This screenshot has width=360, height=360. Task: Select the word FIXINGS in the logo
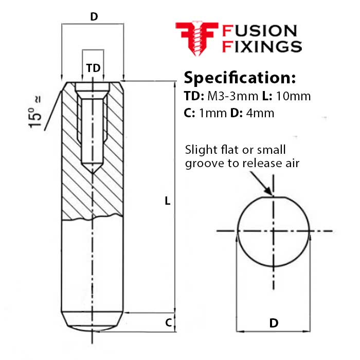(x=261, y=47)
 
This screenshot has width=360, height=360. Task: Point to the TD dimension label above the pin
(x=93, y=68)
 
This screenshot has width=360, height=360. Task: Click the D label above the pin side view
(x=94, y=16)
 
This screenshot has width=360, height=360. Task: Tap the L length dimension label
(x=167, y=201)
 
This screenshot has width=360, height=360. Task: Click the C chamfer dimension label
(x=168, y=322)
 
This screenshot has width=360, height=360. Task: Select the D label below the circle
(x=274, y=323)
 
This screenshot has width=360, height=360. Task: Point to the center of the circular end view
(x=273, y=231)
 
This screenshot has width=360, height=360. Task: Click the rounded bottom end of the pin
(x=93, y=328)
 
